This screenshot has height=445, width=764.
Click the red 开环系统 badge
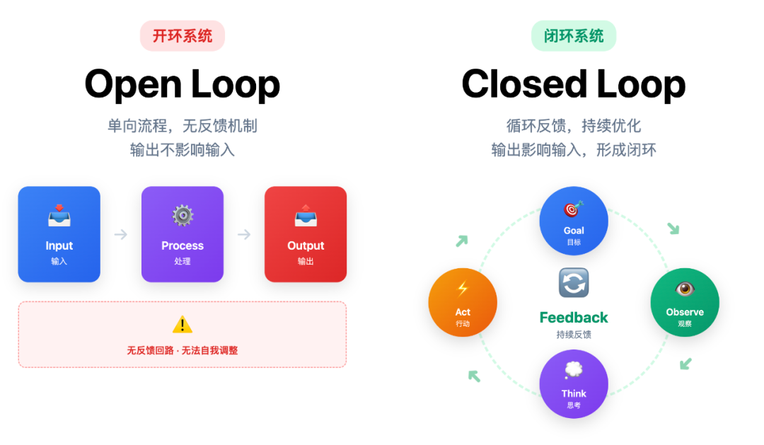point(182,36)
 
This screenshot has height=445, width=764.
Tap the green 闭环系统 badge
point(574,36)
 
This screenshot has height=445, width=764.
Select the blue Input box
point(59,234)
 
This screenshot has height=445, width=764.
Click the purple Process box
point(183,234)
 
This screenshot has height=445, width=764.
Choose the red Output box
point(306,234)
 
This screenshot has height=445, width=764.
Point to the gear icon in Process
point(183,216)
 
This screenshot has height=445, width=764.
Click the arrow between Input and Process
point(121,234)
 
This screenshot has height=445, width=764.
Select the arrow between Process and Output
point(244,234)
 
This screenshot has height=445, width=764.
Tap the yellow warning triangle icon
point(183,325)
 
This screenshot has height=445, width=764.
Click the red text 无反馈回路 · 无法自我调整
point(183,350)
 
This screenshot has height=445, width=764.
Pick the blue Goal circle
point(574,221)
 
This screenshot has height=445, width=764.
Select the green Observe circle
point(684,302)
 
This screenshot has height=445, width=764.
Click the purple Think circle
point(574,384)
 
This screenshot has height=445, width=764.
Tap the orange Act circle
point(463,302)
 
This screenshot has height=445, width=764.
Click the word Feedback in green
point(574,318)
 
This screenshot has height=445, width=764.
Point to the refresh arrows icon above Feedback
point(574,283)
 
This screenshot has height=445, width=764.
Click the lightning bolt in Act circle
point(463,289)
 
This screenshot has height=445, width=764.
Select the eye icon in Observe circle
point(684,289)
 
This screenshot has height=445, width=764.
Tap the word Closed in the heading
point(523,84)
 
